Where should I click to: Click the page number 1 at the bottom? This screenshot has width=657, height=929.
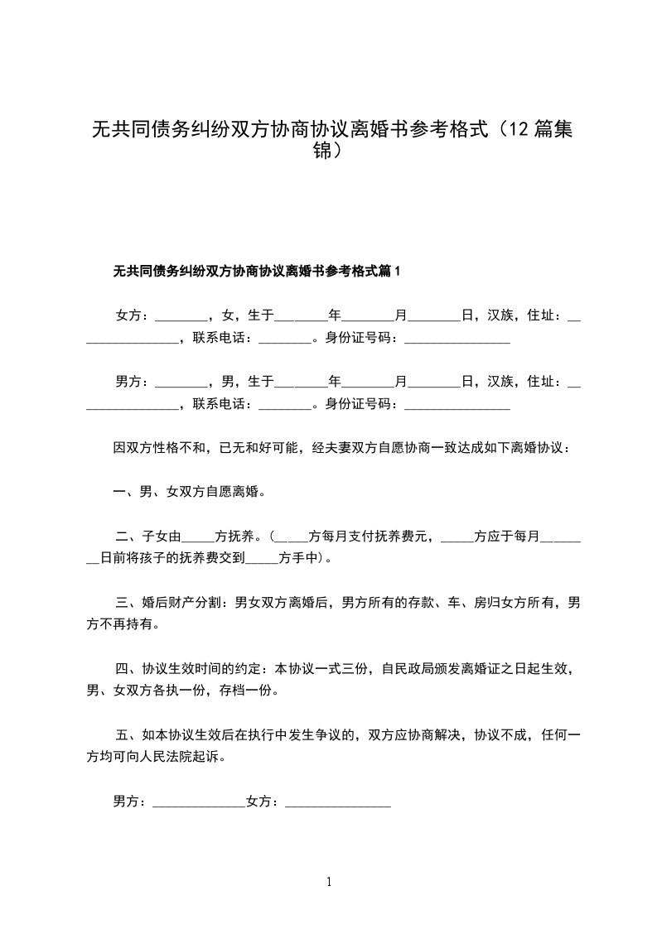click(x=329, y=882)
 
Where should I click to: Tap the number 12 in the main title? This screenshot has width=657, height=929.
click(x=519, y=130)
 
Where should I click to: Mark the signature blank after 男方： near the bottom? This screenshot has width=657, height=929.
click(x=199, y=801)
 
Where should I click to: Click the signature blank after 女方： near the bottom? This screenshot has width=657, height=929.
click(x=338, y=801)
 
